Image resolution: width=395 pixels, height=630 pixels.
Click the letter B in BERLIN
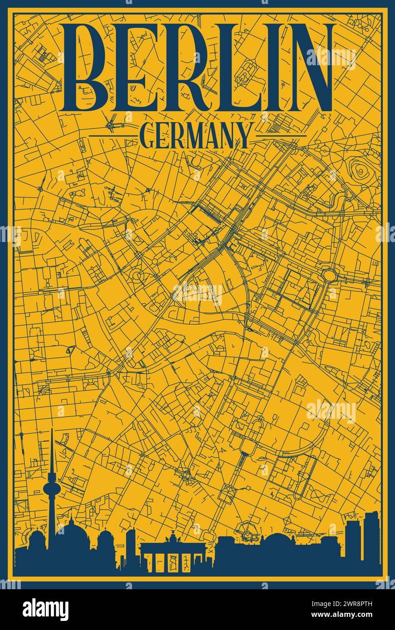click(93, 68)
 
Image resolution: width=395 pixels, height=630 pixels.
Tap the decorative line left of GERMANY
click(111, 136)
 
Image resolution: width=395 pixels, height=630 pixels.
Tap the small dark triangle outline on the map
click(70, 349)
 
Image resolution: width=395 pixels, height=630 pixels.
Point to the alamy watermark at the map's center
click(197, 293)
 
